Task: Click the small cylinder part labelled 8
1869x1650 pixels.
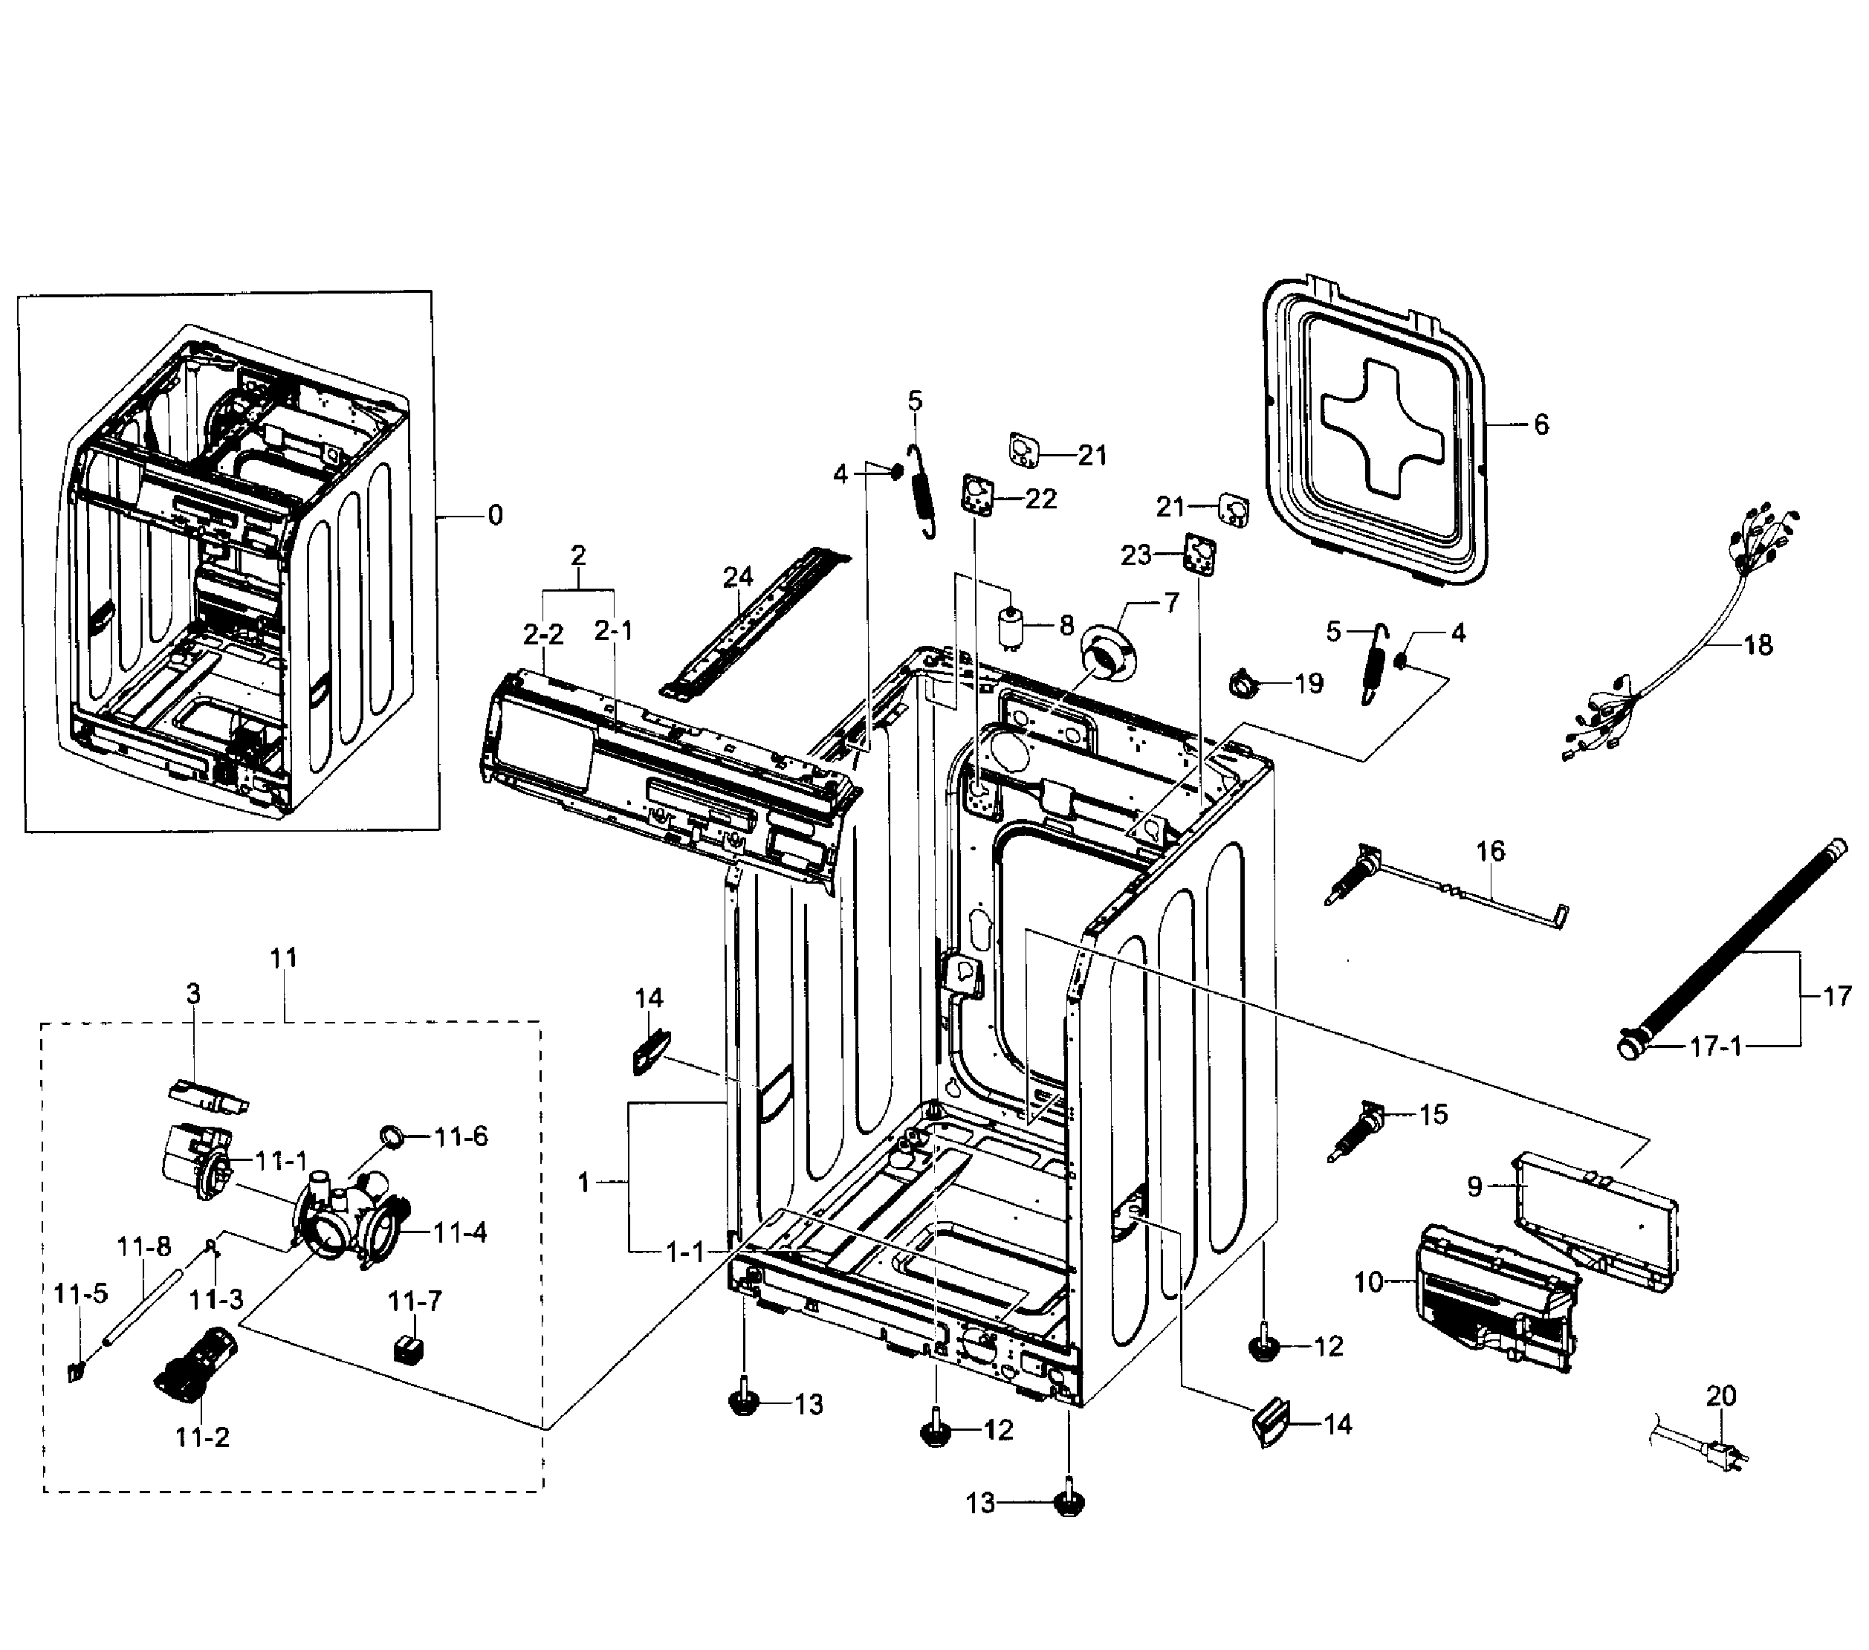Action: click(1011, 630)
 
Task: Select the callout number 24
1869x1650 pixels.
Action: click(738, 577)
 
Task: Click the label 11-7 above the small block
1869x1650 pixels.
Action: click(415, 1301)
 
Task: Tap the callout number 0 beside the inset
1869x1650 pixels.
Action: click(495, 516)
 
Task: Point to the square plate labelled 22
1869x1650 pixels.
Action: click(977, 496)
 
